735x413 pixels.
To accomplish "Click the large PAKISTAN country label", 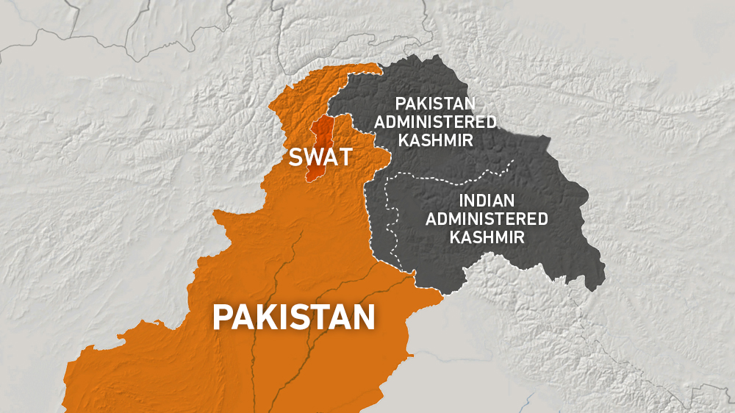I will (x=294, y=317).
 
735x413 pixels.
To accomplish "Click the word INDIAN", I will (x=486, y=201).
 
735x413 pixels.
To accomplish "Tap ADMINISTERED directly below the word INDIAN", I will (x=487, y=218).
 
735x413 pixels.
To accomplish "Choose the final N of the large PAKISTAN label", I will (x=364, y=317).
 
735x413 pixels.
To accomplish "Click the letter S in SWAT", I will (x=295, y=157).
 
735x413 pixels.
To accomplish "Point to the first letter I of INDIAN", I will (x=461, y=201).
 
